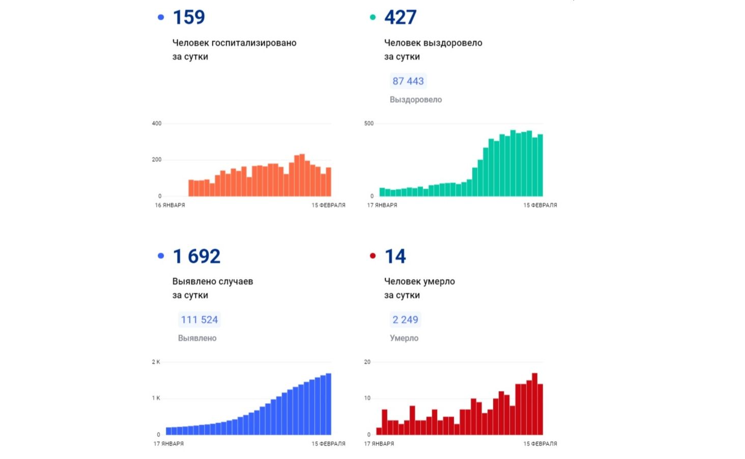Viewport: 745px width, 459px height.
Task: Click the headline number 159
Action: [x=189, y=17]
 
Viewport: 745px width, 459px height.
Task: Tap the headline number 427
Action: [x=400, y=17]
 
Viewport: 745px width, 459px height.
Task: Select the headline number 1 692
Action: [x=196, y=256]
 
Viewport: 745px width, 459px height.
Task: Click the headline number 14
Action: [x=395, y=256]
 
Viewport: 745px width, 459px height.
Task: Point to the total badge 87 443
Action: [x=408, y=81]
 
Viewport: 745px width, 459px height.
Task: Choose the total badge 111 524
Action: [x=199, y=320]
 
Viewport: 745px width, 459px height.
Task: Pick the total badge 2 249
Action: [x=405, y=320]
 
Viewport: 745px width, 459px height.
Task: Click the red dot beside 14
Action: [x=372, y=256]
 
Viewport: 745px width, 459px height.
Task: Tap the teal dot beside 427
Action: [x=372, y=17]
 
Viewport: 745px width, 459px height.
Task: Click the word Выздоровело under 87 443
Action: [x=416, y=100]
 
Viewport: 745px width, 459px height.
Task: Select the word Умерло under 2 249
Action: [x=404, y=338]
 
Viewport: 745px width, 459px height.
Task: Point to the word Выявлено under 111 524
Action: [x=197, y=338]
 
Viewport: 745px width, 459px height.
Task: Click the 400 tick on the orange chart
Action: [x=157, y=123]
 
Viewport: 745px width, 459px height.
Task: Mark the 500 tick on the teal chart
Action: [x=369, y=123]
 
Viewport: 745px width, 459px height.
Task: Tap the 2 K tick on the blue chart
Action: [x=156, y=362]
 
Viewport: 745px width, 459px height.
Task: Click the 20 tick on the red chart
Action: [x=367, y=362]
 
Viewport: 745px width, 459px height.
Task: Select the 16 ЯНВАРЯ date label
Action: [x=170, y=205]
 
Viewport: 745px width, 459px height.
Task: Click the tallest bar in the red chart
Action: [x=535, y=404]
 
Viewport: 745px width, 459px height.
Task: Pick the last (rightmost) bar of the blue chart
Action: [x=329, y=404]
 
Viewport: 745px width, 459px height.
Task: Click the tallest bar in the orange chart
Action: [x=302, y=175]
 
